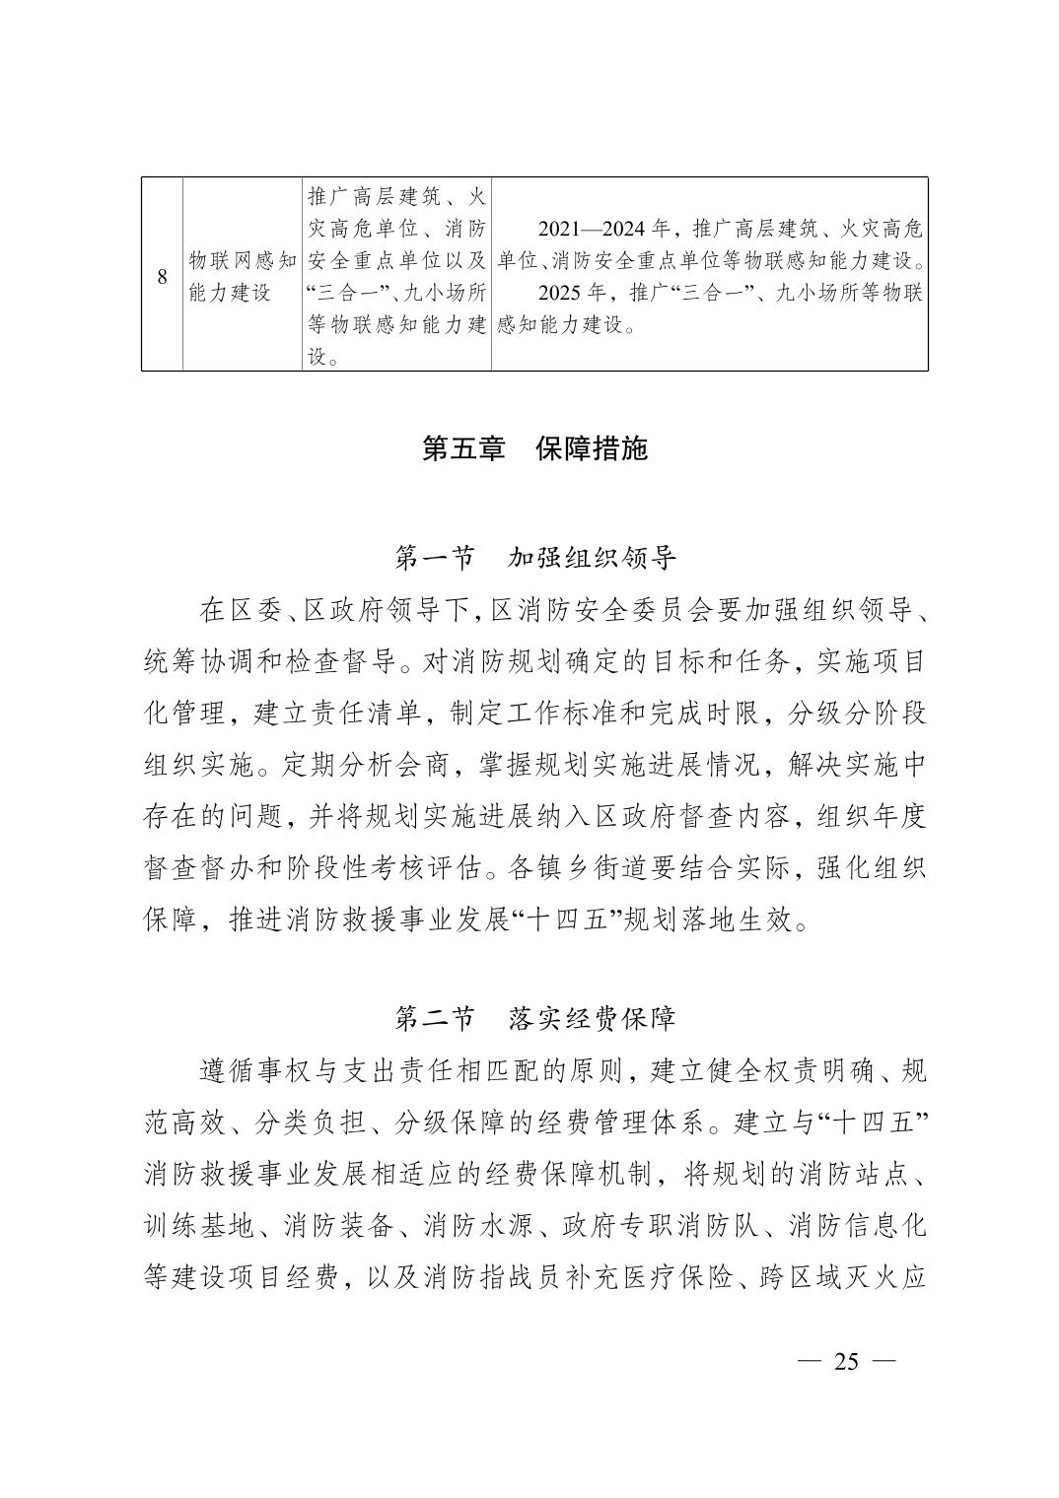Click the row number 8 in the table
point(162,276)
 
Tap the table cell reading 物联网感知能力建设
point(243,276)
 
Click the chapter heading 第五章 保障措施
point(534,449)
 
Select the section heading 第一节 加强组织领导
point(534,559)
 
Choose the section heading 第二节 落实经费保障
point(534,1018)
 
